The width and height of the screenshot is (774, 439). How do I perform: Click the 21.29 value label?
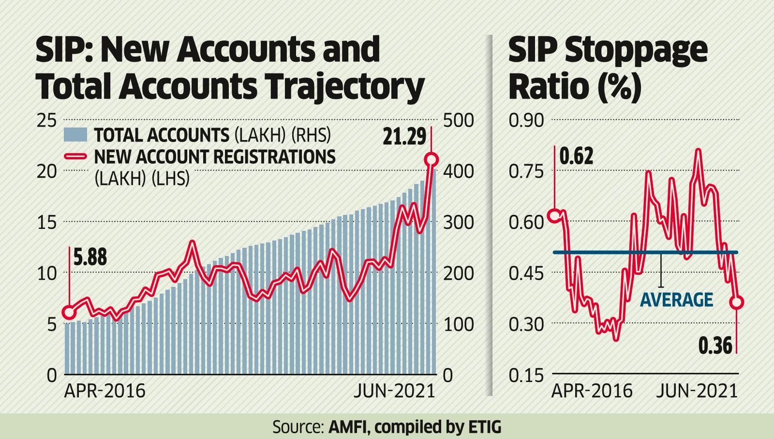(404, 137)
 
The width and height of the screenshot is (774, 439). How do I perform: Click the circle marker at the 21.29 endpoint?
(431, 160)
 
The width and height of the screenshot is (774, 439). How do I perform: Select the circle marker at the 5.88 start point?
(69, 312)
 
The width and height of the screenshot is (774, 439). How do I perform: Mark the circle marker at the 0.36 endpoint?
(737, 302)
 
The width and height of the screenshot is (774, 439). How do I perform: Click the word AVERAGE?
(676, 300)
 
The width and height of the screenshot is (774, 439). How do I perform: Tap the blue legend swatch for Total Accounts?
(75, 135)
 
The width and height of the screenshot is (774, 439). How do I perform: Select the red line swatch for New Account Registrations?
(75, 157)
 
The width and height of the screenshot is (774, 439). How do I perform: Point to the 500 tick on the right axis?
(457, 120)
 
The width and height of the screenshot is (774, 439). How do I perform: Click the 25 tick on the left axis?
(46, 120)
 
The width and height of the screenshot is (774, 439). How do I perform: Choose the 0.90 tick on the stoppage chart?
(526, 120)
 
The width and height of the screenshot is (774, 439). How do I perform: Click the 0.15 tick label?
(526, 375)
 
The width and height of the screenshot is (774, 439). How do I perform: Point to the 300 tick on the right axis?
(457, 223)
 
